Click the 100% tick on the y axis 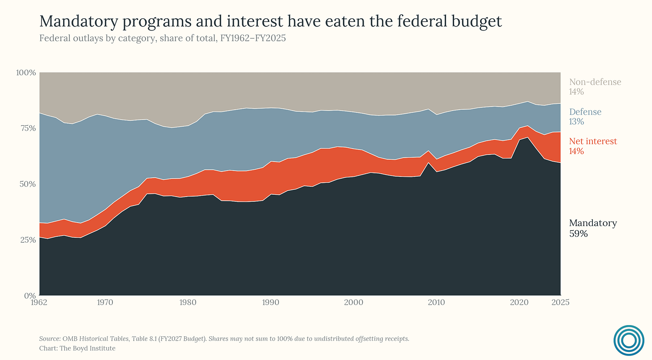point(26,73)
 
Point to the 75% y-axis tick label point(27,129)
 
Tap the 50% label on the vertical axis point(27,184)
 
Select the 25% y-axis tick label point(27,240)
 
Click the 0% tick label point(30,296)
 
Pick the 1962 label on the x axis point(39,303)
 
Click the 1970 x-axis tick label point(105,303)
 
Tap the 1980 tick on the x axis point(188,303)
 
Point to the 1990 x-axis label point(270,303)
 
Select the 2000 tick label point(354,303)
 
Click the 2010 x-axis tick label point(436,303)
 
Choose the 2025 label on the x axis point(560,303)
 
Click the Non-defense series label point(595,82)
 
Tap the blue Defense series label point(585,112)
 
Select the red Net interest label point(593,141)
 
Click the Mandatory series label point(593,223)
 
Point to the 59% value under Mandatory point(579,234)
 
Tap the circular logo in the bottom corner point(629,340)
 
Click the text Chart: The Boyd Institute point(77,348)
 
